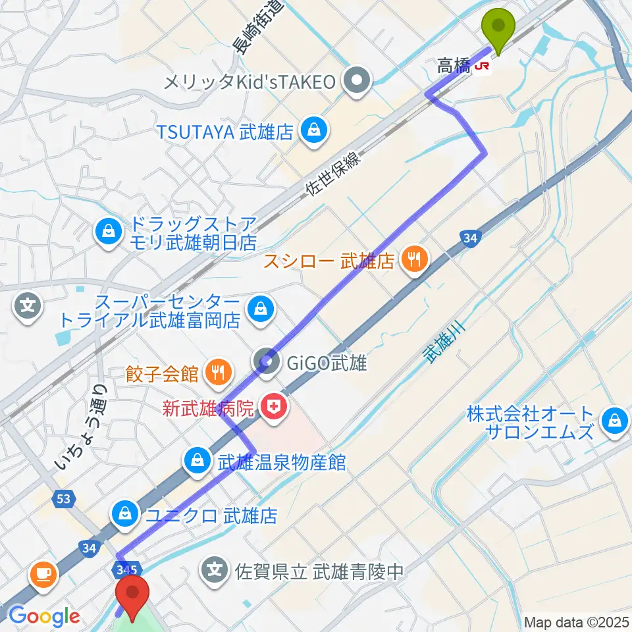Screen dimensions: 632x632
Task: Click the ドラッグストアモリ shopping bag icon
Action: tap(106, 231)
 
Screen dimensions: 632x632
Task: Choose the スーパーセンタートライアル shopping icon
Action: tap(261, 308)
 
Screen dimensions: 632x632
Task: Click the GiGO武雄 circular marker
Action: tap(267, 360)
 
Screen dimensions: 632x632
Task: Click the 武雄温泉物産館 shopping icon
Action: tap(197, 461)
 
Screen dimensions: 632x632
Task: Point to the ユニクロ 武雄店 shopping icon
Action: tap(124, 513)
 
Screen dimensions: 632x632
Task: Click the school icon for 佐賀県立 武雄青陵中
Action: tap(216, 569)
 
